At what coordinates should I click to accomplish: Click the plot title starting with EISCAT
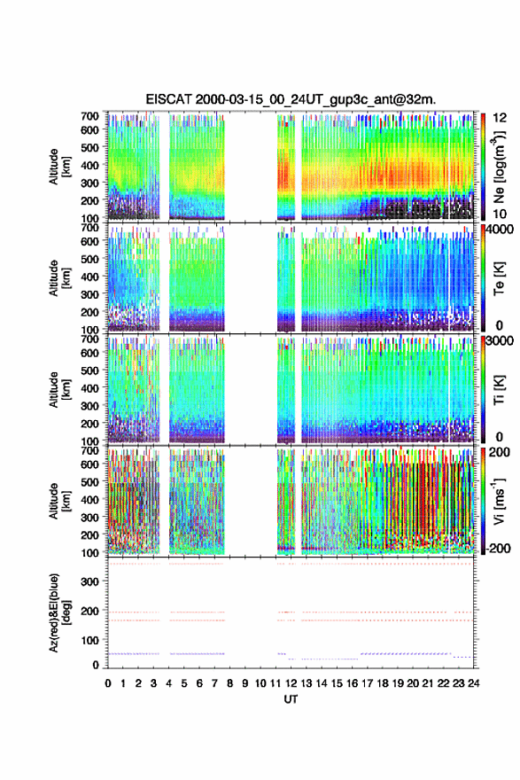tap(291, 99)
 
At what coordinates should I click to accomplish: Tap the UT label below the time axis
tap(291, 699)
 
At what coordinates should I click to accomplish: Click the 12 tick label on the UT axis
tap(291, 683)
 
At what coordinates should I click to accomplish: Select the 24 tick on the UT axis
tap(473, 683)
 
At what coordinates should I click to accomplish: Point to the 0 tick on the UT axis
tap(108, 683)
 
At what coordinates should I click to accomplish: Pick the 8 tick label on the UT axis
tap(229, 683)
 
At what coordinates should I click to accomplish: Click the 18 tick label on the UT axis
tap(383, 683)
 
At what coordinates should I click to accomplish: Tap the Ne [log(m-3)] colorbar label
tap(499, 167)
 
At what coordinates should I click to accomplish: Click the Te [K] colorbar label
tap(499, 278)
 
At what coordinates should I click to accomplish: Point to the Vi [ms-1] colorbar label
tap(499, 501)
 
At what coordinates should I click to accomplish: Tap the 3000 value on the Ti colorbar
tap(501, 341)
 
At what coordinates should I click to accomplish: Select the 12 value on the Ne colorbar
tap(501, 118)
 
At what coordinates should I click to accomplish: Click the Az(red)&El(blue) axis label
tap(55, 613)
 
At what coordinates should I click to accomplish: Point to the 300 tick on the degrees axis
tap(90, 581)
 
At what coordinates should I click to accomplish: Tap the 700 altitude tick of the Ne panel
tap(90, 116)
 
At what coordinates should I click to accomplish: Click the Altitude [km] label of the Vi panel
tap(58, 501)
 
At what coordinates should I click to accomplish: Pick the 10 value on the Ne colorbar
tap(500, 214)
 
